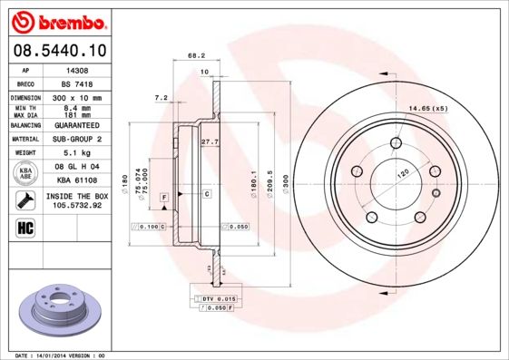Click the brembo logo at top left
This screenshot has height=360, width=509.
pos(57,20)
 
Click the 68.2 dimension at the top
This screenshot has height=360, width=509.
pos(196,56)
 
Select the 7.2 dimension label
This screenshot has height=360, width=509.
pos(162,97)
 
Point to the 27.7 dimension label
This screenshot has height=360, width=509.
pos(210,142)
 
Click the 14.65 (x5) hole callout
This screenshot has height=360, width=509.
pos(429,110)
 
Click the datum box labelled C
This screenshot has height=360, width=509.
pos(206,194)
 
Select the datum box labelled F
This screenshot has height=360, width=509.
pos(163,197)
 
